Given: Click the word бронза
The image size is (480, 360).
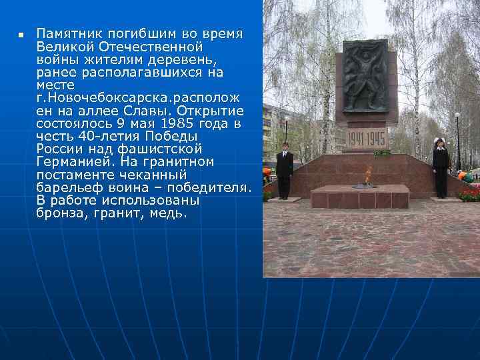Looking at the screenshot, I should pos(60,213).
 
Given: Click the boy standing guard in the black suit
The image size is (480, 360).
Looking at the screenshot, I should pos(285,169).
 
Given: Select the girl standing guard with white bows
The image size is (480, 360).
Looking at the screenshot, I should pos(441,167).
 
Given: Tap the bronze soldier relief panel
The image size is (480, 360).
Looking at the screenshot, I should pos(365,75).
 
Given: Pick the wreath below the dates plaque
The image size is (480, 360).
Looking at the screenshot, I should pos(382,153).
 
